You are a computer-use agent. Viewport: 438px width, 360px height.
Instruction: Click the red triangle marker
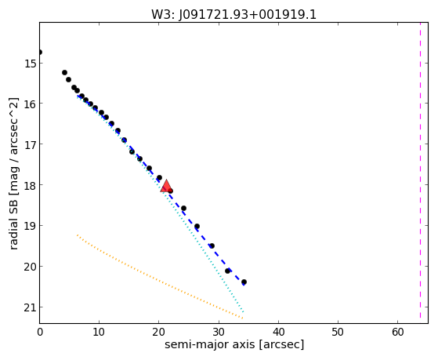click(x=166, y=186)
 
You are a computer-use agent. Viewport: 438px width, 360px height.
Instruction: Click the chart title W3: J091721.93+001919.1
click(x=233, y=15)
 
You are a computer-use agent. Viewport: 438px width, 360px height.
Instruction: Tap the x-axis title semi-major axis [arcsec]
click(x=234, y=344)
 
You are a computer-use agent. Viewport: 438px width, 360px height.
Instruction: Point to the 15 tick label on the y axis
click(x=30, y=64)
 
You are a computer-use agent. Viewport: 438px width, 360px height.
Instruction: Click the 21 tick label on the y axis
click(x=30, y=307)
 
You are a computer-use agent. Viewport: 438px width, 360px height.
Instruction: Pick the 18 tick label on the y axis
click(x=30, y=185)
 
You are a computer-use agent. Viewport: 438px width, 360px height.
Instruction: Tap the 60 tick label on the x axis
click(x=397, y=332)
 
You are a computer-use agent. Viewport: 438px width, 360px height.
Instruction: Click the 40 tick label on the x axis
click(x=278, y=332)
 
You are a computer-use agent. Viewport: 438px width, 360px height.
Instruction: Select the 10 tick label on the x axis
click(x=99, y=332)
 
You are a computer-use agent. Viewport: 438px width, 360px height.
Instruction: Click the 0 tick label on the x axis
click(x=40, y=332)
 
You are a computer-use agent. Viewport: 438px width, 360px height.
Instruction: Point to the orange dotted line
click(x=160, y=277)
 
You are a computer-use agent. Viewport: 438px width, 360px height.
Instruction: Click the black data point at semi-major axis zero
click(x=40, y=53)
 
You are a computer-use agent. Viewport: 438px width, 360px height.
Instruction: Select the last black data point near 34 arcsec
click(x=244, y=282)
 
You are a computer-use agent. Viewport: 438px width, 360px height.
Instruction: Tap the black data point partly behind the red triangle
click(x=170, y=191)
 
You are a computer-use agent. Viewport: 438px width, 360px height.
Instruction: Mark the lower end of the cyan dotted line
click(x=244, y=312)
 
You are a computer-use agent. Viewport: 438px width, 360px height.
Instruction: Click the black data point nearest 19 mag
click(x=197, y=227)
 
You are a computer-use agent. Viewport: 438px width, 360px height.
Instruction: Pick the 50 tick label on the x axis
click(x=338, y=332)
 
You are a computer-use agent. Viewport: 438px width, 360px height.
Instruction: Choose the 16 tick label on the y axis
click(x=30, y=104)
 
